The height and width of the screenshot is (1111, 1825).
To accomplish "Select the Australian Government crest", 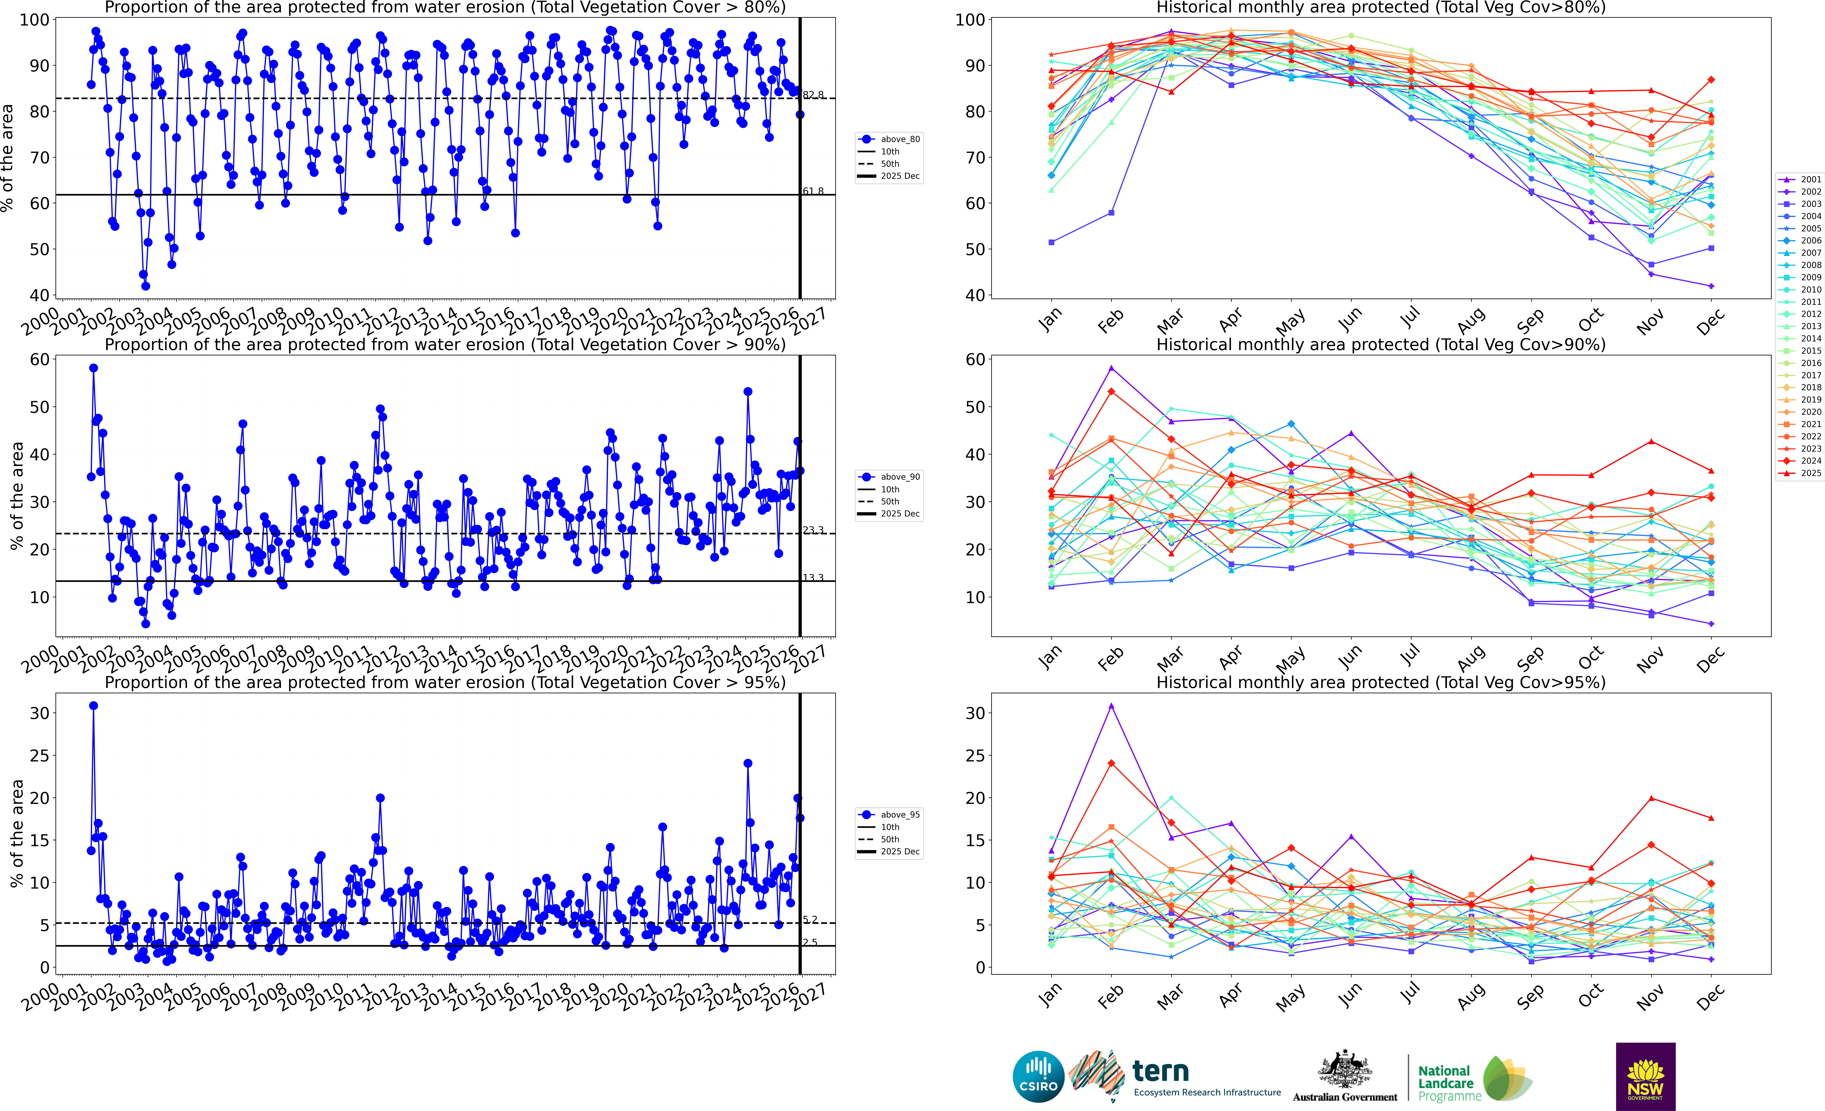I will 1344,1069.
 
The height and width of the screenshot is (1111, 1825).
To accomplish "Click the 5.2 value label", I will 810,920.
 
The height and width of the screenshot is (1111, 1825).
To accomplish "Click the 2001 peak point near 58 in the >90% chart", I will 93,368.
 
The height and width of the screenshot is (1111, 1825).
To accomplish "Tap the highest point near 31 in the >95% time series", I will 93,706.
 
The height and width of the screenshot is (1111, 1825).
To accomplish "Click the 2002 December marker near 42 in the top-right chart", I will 1711,286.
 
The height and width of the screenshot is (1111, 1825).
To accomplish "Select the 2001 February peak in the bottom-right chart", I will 1111,706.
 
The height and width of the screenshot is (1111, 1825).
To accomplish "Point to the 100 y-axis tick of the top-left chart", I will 34,20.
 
